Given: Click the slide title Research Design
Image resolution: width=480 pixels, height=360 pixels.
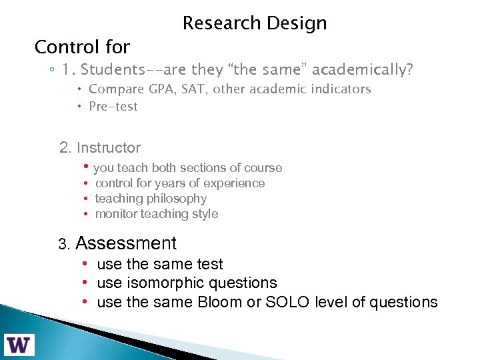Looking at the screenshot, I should pos(255,23).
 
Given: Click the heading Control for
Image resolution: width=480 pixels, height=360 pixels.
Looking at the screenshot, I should pos(82,47).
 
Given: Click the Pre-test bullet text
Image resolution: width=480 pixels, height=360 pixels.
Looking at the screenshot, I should pos(113,107).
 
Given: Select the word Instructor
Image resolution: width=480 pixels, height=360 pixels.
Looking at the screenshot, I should pos(109,148).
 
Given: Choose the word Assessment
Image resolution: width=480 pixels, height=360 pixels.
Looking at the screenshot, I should pos(126,243).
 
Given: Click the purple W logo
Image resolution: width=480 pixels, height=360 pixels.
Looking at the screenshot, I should pos(19,345).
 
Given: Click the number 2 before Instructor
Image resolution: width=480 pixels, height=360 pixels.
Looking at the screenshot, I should pos(64,148).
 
